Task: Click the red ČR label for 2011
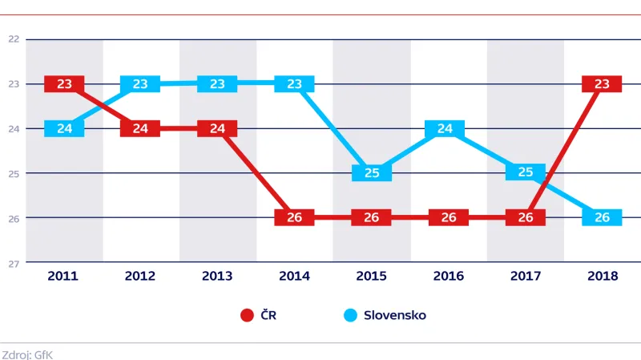click(64, 83)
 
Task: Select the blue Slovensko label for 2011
click(64, 128)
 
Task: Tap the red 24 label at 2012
click(140, 128)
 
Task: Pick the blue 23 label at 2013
click(217, 83)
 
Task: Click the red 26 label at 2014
click(294, 217)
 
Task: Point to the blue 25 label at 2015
click(372, 172)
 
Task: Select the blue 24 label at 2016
click(449, 128)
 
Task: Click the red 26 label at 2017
click(526, 217)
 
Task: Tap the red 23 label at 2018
click(602, 83)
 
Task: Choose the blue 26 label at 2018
click(602, 217)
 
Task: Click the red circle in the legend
click(248, 315)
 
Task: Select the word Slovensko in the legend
click(395, 315)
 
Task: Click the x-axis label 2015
click(372, 276)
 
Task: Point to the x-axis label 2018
click(602, 276)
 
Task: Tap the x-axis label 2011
click(63, 276)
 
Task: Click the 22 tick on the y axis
click(13, 38)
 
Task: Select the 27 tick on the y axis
click(13, 262)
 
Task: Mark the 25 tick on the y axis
click(13, 172)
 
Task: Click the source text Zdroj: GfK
click(27, 353)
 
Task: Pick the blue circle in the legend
click(349, 315)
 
